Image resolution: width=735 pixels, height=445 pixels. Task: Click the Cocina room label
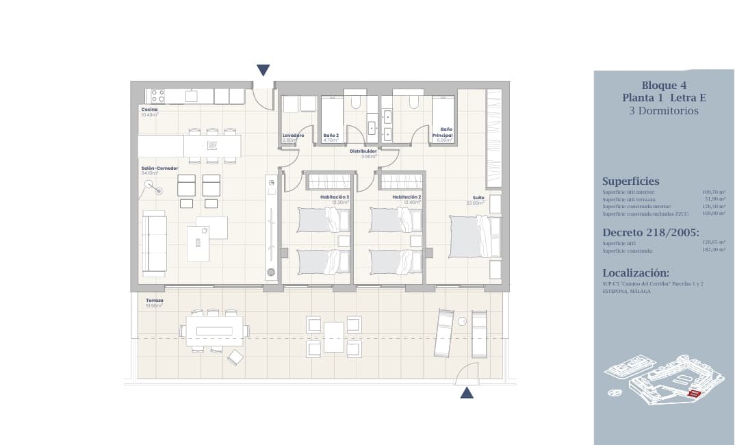coord(149,110)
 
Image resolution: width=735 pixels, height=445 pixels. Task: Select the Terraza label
coord(154,301)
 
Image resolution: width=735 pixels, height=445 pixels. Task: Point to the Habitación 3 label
coord(335,197)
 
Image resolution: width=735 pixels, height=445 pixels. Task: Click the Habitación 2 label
coord(406,197)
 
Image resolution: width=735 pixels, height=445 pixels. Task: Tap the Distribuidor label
coord(363,151)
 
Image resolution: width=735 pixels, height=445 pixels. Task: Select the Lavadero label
coord(293,136)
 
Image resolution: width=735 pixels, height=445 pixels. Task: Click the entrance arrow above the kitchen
coord(263,70)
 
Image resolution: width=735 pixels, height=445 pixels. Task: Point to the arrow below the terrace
coord(467,392)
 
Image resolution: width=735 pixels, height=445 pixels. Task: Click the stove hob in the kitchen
coord(157,96)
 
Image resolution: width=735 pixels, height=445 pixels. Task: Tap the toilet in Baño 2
coord(355,101)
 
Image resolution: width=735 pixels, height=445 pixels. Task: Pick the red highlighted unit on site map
coord(695,394)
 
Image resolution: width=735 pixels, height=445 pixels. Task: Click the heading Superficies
coord(630,181)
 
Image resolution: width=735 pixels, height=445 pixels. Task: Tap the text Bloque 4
coord(664,86)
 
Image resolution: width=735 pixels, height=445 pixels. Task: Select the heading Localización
coord(635,272)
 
